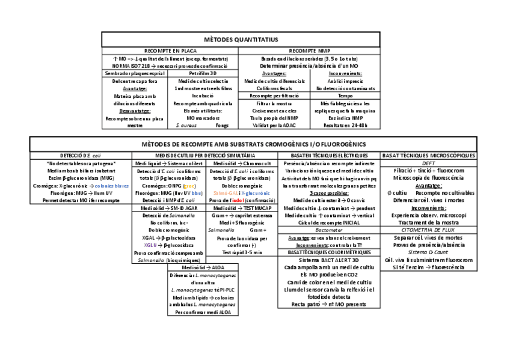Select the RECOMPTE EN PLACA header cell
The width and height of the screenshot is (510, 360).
coord(170,51)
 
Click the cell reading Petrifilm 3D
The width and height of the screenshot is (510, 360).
coord(204,73)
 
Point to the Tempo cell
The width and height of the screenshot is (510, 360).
coord(345,95)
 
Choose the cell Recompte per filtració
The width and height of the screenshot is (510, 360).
coord(274,95)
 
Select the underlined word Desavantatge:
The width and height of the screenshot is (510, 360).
coord(135,111)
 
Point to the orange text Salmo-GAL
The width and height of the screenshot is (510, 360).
coord(225,193)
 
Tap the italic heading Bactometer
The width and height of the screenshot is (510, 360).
coord(329,230)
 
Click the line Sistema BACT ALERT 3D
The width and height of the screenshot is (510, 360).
coord(328,260)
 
